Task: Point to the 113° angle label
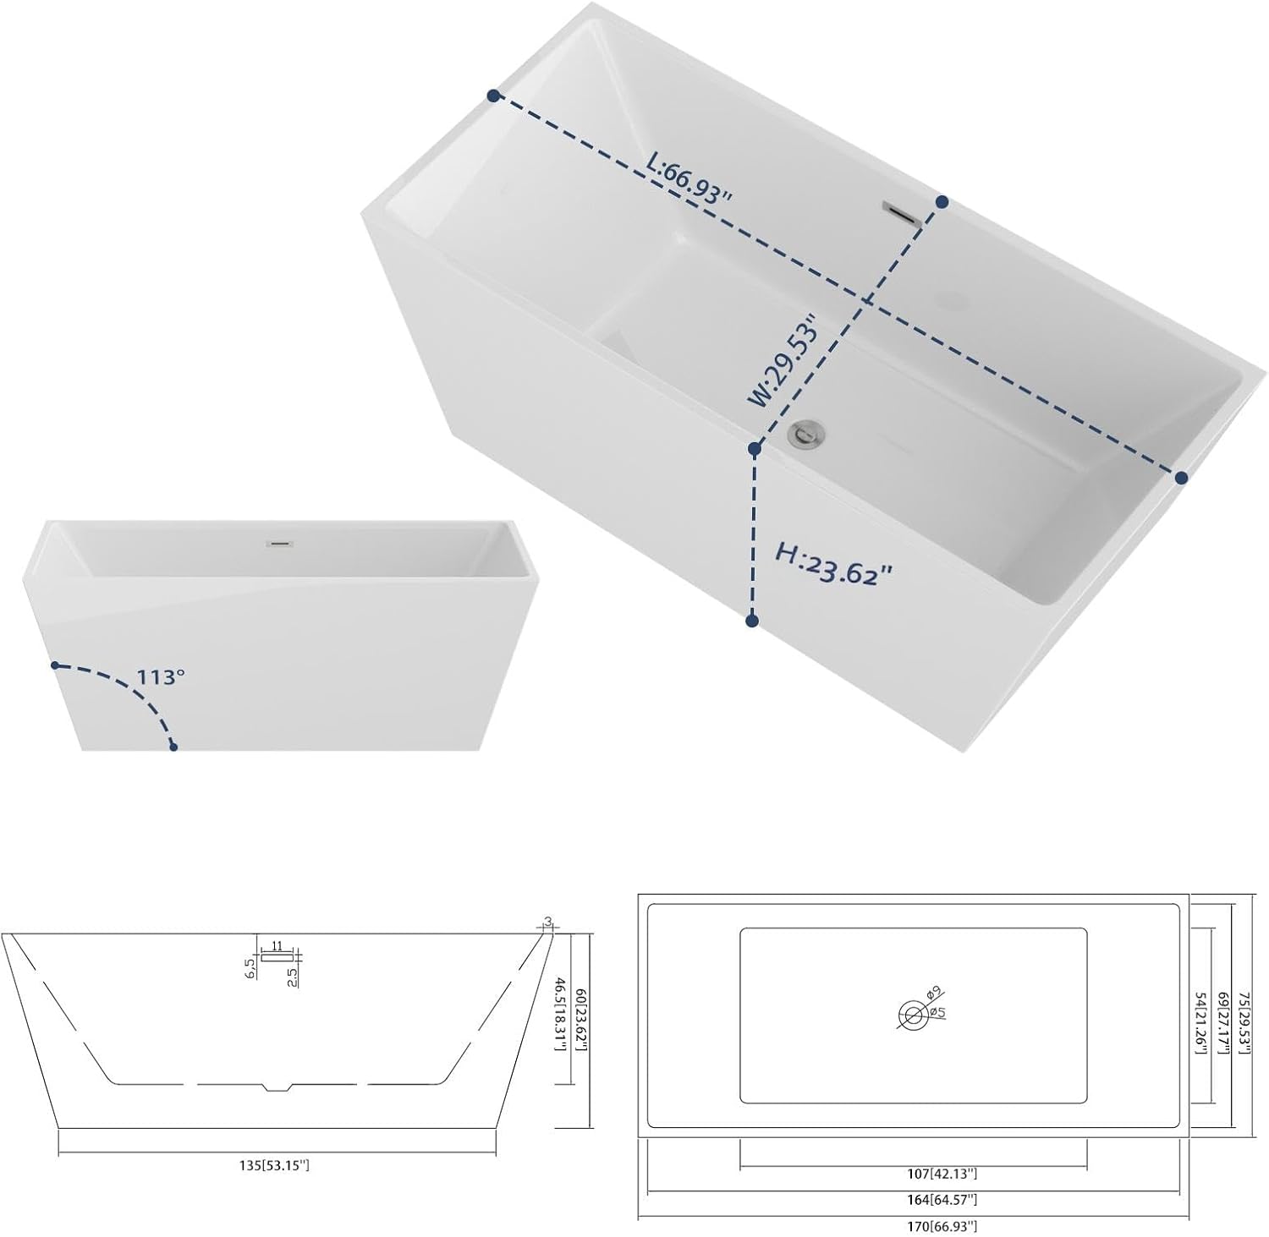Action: coord(162,677)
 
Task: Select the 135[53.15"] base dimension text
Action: coord(275,1165)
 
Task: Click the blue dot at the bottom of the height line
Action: coord(752,621)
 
